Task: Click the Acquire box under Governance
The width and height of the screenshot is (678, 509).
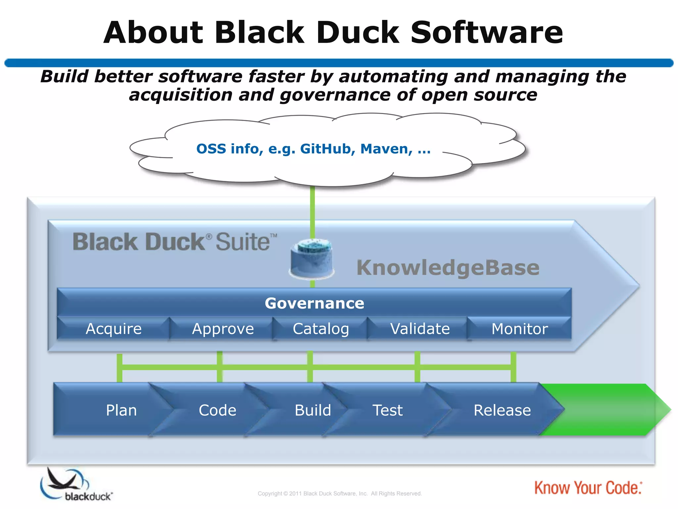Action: pyautogui.click(x=114, y=329)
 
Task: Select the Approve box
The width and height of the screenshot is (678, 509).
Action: pyautogui.click(x=223, y=329)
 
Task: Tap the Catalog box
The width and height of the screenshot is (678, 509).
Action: pyautogui.click(x=321, y=329)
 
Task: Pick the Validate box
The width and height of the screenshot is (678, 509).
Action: pyautogui.click(x=420, y=329)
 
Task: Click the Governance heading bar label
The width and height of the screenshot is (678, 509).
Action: pyautogui.click(x=314, y=303)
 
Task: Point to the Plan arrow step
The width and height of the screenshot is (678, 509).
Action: pyautogui.click(x=121, y=410)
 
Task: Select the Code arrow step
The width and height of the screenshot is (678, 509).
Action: pyautogui.click(x=218, y=410)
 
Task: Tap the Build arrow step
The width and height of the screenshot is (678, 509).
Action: pyautogui.click(x=313, y=410)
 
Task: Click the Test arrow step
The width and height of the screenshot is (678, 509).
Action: pyautogui.click(x=387, y=410)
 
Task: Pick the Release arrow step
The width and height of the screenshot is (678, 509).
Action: pyautogui.click(x=502, y=410)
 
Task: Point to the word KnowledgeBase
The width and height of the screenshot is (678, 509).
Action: pyautogui.click(x=448, y=268)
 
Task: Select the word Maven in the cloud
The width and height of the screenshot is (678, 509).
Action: pyautogui.click(x=386, y=149)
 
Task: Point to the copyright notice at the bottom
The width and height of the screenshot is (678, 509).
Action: pyautogui.click(x=340, y=493)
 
